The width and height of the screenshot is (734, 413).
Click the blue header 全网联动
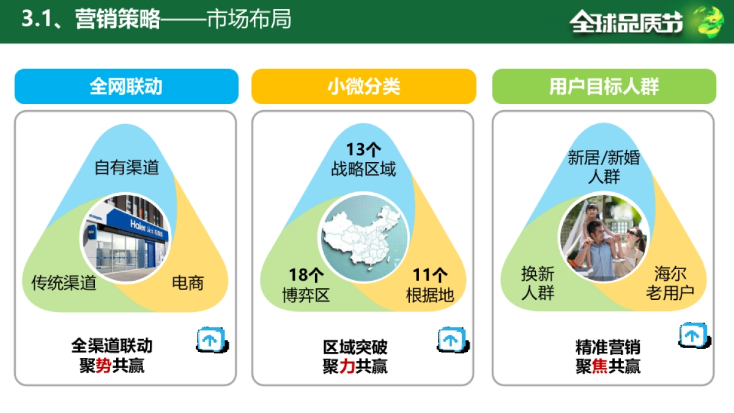[x=126, y=86]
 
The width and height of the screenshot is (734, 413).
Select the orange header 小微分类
[x=363, y=86]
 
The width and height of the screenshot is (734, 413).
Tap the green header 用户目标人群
[x=604, y=86]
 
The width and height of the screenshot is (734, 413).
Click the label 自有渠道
[x=127, y=168]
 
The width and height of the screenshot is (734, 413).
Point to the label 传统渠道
[x=64, y=283]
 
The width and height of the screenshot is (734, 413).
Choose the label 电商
[x=188, y=283]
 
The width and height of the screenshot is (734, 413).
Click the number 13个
[x=364, y=150]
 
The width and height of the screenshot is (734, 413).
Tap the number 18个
[x=306, y=275]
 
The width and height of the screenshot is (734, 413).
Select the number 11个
[x=430, y=275]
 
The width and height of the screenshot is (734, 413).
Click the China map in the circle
[x=365, y=237]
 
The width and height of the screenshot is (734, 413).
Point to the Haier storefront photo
[x=125, y=237]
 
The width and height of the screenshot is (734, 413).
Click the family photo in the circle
[x=604, y=237]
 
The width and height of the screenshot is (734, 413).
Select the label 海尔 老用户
[x=670, y=283]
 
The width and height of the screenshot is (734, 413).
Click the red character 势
[x=103, y=366]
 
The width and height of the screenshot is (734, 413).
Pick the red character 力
[x=347, y=366]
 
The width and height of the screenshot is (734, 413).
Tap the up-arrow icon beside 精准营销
[x=692, y=335]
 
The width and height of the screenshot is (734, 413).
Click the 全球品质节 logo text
[x=626, y=22]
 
